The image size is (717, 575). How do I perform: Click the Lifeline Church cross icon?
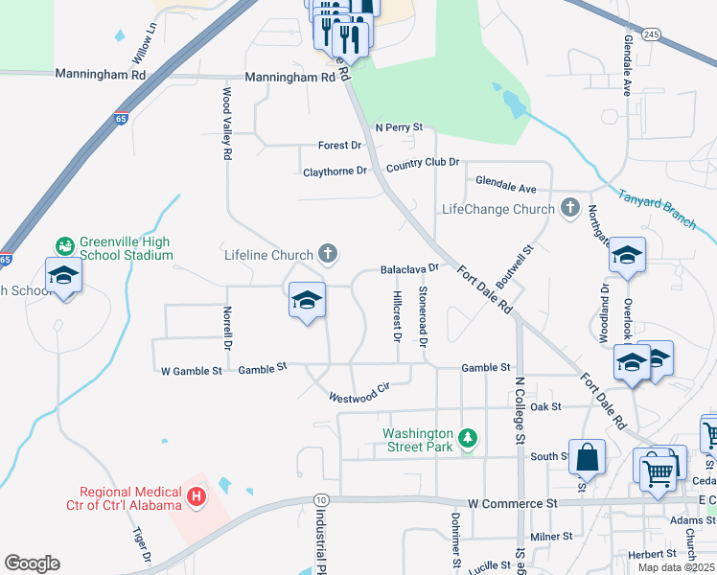[x=328, y=254]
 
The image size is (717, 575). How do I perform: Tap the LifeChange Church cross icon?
[x=570, y=208]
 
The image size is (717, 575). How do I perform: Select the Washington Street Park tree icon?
[x=468, y=439]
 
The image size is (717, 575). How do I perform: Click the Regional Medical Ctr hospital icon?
[x=197, y=496]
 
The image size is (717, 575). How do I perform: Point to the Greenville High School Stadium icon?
[x=65, y=246]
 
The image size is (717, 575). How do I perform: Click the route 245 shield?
[x=652, y=34]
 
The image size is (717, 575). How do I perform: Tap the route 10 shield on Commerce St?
[x=320, y=500]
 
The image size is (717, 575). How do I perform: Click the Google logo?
[x=32, y=563]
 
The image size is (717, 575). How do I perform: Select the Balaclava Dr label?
[x=409, y=269]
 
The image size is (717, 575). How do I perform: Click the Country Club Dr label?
[x=423, y=166]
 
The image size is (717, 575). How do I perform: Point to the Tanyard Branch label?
[x=658, y=208]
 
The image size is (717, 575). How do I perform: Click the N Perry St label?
[x=399, y=126]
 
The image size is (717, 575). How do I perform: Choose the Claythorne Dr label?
[x=335, y=172]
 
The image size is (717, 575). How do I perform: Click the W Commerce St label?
[x=512, y=502]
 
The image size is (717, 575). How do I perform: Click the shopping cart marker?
[x=657, y=470]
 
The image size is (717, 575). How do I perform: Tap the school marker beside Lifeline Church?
[x=307, y=300]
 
